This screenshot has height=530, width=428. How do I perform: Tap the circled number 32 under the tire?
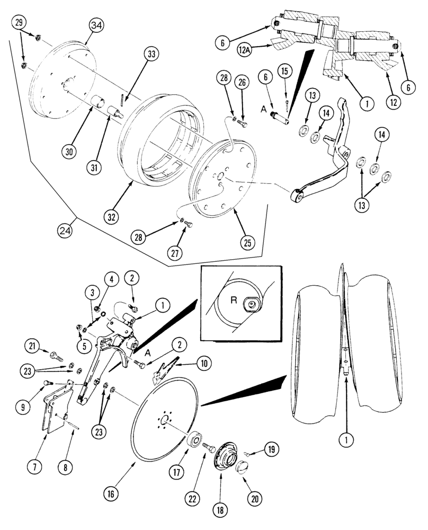(112, 217)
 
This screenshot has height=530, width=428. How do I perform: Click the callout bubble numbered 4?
(111, 278)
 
